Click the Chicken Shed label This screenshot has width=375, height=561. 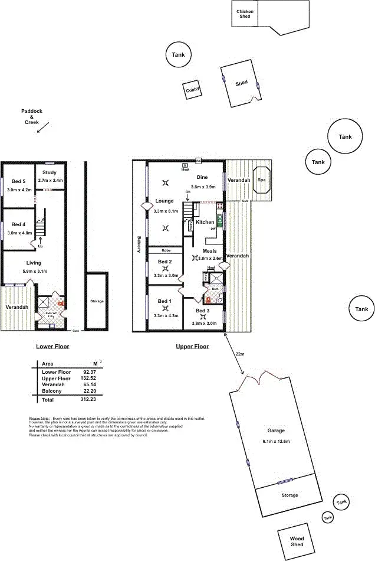(245, 14)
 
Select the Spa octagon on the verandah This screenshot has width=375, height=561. (261, 180)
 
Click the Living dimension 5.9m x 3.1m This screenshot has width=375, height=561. (34, 271)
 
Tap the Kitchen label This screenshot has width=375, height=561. (205, 222)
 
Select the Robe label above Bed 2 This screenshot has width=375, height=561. (166, 250)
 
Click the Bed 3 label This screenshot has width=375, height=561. (202, 310)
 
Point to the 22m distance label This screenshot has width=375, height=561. (239, 354)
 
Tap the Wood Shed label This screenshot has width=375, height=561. (297, 541)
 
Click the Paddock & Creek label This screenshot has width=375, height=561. (32, 116)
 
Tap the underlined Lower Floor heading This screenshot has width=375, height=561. (52, 347)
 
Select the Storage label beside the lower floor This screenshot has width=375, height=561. (97, 301)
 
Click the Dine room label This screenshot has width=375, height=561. (202, 177)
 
